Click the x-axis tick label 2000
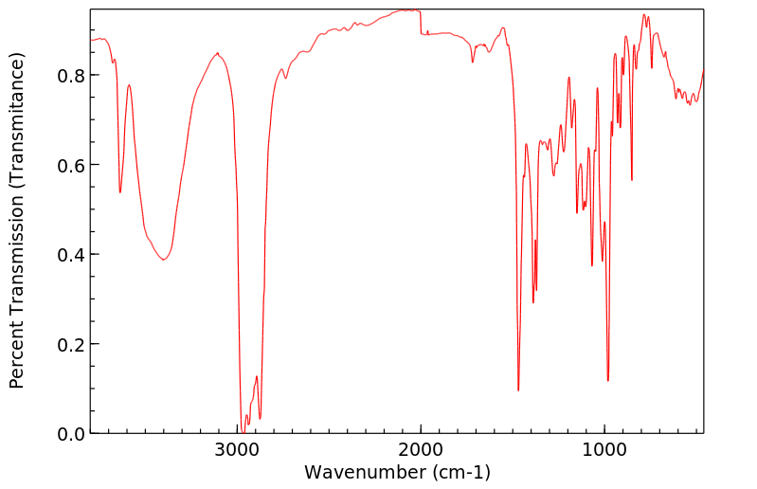(421, 452)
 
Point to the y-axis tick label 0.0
(72, 434)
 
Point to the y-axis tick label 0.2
(72, 344)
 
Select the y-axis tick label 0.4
(72, 255)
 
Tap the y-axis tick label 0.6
(72, 165)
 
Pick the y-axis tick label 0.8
(72, 75)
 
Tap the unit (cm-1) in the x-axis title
(460, 472)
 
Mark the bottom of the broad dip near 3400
(164, 260)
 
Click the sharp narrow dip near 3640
(120, 192)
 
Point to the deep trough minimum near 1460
(518, 389)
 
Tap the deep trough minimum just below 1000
(607, 381)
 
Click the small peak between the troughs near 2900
(256, 377)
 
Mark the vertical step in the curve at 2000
(421, 24)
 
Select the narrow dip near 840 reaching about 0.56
(632, 180)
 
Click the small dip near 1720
(473, 63)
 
